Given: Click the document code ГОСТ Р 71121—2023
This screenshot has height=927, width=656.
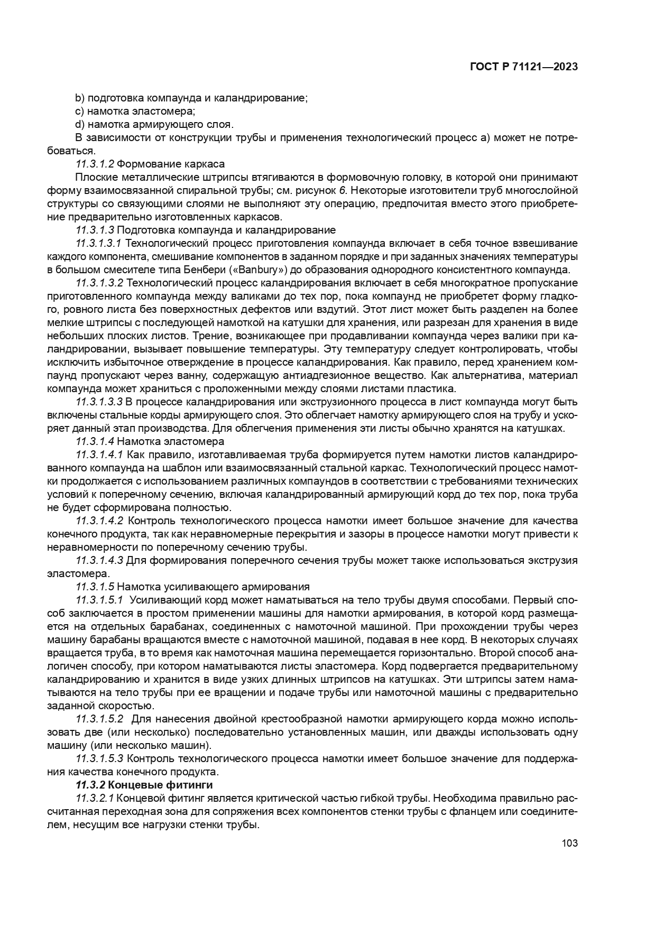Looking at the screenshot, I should point(523,67).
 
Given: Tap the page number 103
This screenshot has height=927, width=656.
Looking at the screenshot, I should point(569,843).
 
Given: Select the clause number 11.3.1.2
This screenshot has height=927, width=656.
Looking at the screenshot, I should point(95,164).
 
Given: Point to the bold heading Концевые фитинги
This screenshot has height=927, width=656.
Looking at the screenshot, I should point(163,784).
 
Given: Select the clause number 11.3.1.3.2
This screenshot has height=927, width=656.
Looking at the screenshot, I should point(99,283).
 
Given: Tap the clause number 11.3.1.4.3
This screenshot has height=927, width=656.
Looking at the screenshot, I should point(99,560).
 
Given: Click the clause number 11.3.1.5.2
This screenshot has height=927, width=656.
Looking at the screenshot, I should point(99,719).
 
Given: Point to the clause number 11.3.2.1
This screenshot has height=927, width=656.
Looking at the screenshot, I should point(95,798).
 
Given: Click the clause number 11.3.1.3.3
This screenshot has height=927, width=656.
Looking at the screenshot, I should point(99,402).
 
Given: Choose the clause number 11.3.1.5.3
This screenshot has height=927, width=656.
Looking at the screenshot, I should point(99,758).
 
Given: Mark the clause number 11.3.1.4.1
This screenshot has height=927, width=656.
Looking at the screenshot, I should point(99,455).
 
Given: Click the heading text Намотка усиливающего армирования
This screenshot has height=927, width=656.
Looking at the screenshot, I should point(213,587).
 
